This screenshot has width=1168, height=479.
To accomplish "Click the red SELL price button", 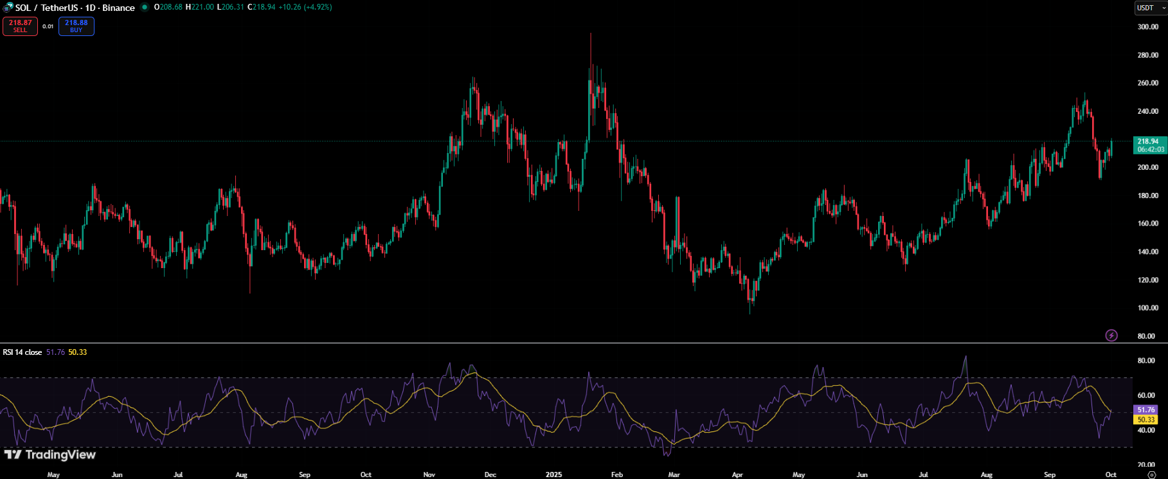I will tap(20, 26).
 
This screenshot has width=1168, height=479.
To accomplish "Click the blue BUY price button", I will tap(76, 26).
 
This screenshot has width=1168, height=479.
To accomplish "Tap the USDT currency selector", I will tap(1148, 8).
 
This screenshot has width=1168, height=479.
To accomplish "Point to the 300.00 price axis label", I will tap(1147, 27).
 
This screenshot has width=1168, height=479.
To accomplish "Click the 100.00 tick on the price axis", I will tap(1147, 308).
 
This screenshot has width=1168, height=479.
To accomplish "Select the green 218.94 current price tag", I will tap(1149, 145).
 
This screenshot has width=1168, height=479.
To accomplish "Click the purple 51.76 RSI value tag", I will tap(1146, 410).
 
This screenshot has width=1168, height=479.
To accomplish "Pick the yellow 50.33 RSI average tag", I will tap(1146, 420).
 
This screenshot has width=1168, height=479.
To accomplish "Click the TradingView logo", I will tap(50, 455).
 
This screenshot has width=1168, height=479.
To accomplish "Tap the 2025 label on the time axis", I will tap(553, 474).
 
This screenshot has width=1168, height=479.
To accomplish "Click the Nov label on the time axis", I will tap(429, 474).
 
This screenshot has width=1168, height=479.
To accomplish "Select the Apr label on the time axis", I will tap(737, 474).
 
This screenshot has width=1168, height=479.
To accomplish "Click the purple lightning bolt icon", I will tap(1111, 335).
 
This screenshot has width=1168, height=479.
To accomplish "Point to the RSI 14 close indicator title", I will tap(22, 352).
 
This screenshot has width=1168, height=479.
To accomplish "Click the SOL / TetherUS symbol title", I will tap(75, 8).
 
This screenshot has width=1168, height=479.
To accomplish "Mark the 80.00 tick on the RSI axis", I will tap(1146, 361).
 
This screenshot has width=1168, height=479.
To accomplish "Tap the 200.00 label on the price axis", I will tap(1147, 168).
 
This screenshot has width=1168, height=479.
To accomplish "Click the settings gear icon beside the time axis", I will tap(1151, 474).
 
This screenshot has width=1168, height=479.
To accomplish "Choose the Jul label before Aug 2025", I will tap(923, 474).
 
